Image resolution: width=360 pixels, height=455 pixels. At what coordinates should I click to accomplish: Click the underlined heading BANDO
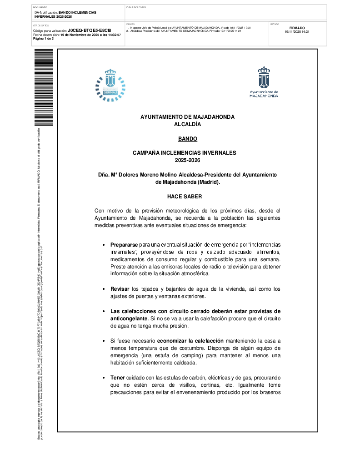187,138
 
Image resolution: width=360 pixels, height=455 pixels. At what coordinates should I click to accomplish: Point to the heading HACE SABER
187,197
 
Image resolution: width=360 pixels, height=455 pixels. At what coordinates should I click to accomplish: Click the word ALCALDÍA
187,124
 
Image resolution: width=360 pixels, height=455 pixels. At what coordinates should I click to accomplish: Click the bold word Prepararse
124,245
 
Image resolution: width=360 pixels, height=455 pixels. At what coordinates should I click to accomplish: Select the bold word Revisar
120,289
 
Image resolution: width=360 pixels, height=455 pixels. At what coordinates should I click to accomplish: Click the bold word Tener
117,378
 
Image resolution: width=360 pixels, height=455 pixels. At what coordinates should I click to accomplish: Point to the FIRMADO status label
297,28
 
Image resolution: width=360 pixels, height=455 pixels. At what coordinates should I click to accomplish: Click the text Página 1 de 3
43,39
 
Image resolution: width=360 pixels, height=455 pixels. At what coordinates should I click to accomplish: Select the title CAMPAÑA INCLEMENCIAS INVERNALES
187,153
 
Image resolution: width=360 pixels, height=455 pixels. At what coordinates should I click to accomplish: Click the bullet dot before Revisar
105,289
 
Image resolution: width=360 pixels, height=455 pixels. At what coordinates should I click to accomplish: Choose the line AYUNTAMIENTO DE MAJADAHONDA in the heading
187,117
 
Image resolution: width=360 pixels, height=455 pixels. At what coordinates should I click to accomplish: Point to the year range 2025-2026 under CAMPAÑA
187,160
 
